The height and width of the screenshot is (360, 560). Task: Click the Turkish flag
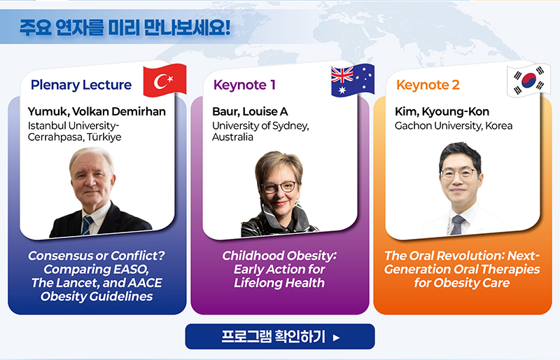pos(164,81)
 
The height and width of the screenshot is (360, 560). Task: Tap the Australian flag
pos(353,81)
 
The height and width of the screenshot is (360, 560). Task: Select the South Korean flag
pos(528,81)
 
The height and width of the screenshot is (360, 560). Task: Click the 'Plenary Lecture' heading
pos(81,85)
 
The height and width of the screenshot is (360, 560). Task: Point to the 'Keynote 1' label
pos(244,85)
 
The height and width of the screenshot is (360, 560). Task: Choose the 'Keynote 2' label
pos(428,85)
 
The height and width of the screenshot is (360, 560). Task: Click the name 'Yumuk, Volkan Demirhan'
pos(97,111)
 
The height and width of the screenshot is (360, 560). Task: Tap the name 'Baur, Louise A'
pos(250,111)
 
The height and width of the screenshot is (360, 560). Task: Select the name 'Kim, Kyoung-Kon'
pos(442,111)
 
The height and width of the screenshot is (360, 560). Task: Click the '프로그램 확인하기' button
pos(280,336)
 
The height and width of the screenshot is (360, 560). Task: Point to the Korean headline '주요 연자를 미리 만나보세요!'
pos(125,27)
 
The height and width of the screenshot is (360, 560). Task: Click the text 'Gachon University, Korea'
pos(454,126)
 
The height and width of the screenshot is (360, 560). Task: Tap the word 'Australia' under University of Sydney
pos(232,137)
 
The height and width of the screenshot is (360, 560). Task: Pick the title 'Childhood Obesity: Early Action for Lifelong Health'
pos(279,269)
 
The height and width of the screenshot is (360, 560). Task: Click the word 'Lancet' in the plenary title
pos(78,283)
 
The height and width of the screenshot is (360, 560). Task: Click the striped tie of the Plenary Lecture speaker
pos(87,225)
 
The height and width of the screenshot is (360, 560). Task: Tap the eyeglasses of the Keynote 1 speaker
pos(279,187)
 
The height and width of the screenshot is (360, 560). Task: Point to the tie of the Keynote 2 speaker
pos(457,225)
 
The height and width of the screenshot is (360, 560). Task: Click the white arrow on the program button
pos(336,338)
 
